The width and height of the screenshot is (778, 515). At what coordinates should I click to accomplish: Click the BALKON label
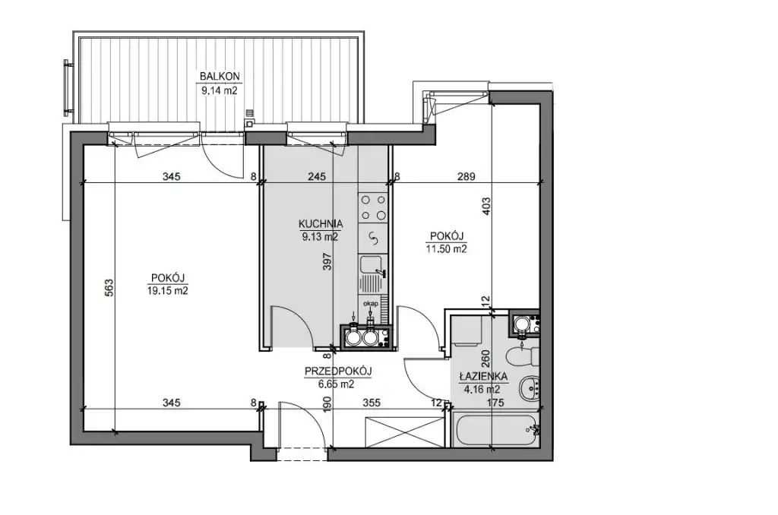pos(220,77)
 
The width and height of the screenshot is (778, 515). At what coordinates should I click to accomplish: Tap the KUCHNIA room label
pos(321,224)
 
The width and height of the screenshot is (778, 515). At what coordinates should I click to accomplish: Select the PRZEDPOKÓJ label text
pos(338,371)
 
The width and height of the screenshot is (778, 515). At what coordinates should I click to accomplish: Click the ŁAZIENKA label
pos(482,377)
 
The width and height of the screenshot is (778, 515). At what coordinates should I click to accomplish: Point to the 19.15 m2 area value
pos(168,291)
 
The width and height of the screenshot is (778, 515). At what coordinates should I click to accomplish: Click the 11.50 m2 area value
pos(447,248)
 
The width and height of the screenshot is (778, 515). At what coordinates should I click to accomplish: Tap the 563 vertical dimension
pos(109,288)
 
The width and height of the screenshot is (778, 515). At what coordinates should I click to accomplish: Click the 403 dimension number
pos(486,206)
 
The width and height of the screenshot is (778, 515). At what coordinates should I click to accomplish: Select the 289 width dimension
pos(466,176)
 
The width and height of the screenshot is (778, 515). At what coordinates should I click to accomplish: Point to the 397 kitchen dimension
pos(326,261)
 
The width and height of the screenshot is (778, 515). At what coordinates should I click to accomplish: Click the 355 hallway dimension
pos(371,403)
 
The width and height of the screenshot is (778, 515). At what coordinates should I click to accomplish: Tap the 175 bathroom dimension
pos(495,403)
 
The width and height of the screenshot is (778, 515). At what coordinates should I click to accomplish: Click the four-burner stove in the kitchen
pos(373,207)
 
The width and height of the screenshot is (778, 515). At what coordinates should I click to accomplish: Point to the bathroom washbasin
pos(529,387)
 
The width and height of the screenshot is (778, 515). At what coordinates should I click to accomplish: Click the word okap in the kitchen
pos(371,303)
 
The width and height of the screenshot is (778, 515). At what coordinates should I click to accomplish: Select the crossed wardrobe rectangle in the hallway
pos(404,431)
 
